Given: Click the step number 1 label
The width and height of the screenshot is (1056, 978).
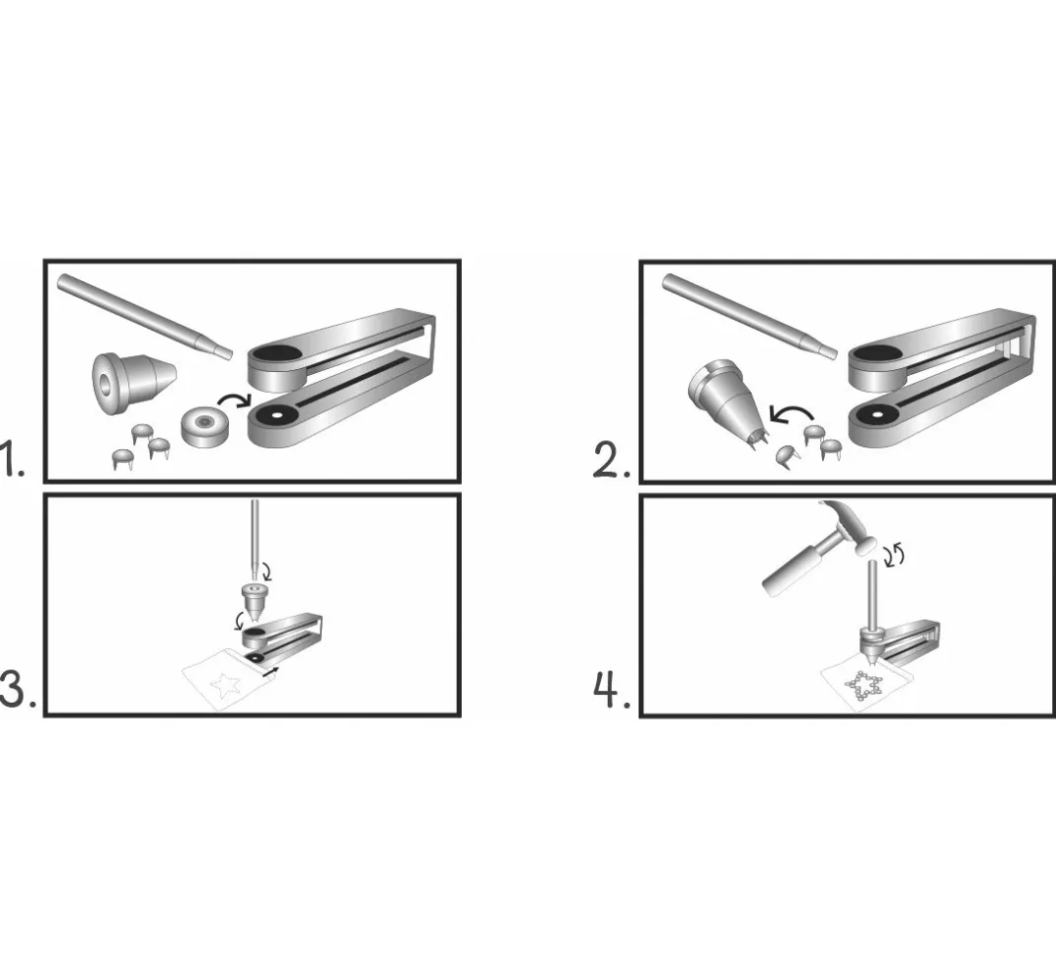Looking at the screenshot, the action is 12,459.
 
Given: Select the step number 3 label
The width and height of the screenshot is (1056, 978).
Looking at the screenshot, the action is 18,690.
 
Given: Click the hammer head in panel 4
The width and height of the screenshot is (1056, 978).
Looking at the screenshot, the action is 850,528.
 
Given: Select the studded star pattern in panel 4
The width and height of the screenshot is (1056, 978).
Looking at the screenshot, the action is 863,688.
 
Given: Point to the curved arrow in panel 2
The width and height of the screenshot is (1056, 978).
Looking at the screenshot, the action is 792,414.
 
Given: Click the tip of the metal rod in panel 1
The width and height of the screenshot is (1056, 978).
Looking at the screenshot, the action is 230,354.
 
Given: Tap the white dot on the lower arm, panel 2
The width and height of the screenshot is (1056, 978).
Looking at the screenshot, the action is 878,414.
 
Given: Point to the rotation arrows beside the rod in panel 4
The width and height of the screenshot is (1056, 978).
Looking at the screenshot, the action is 895,556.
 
